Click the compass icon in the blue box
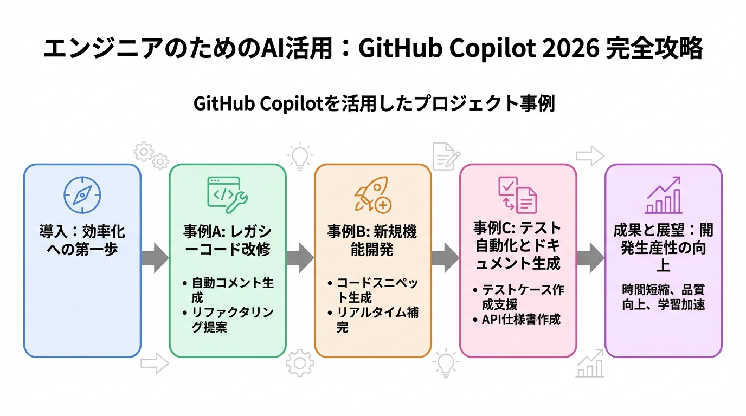82,195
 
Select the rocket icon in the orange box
372,194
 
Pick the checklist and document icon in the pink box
518,194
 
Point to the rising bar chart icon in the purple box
664,195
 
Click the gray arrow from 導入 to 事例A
155,257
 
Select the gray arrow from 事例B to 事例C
446,257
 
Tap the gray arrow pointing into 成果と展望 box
590,257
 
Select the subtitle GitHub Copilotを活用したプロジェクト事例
374,103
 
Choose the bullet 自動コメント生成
231,290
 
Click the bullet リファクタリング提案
231,319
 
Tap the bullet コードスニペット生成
376,290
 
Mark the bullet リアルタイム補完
376,320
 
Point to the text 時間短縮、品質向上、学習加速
664,297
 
